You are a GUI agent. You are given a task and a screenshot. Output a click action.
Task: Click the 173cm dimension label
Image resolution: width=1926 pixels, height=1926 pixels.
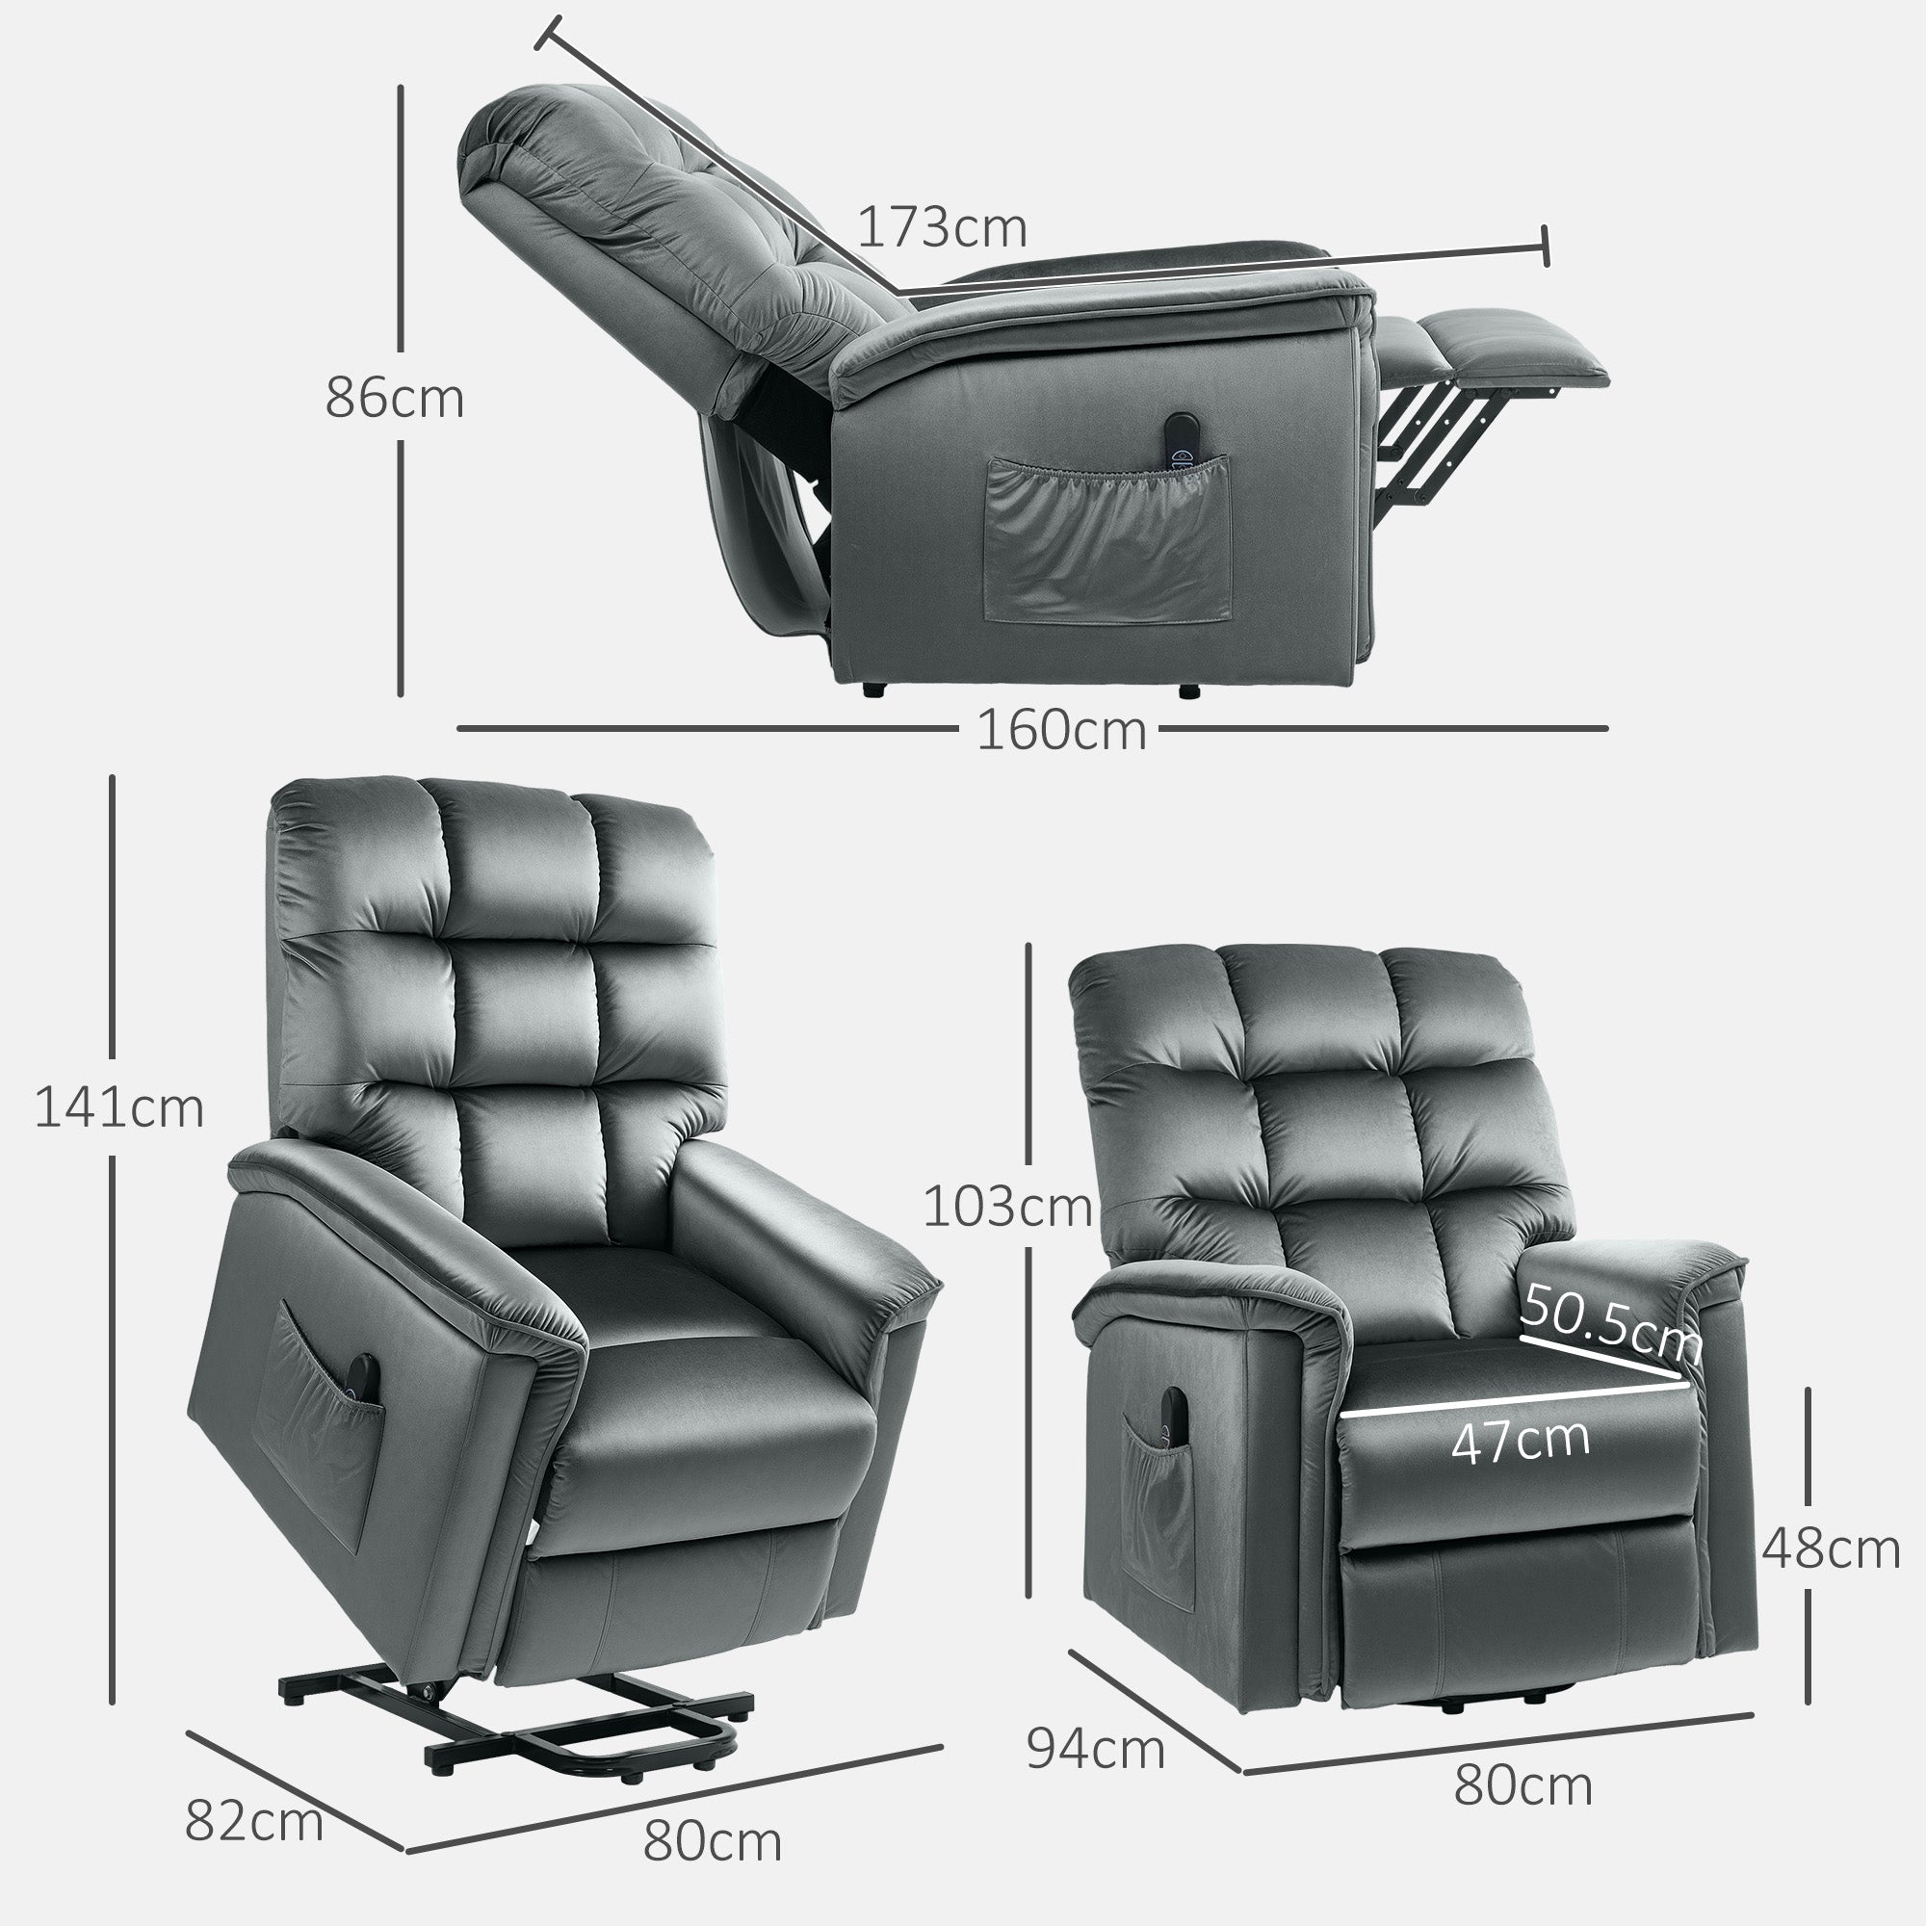pyautogui.click(x=942, y=228)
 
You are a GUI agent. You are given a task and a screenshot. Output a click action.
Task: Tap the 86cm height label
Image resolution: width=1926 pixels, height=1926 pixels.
pyautogui.click(x=395, y=399)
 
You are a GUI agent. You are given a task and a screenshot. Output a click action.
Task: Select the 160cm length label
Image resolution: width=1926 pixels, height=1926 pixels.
pyautogui.click(x=1060, y=731)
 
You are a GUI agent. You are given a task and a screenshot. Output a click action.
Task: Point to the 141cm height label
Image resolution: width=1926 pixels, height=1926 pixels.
pyautogui.click(x=118, y=1107)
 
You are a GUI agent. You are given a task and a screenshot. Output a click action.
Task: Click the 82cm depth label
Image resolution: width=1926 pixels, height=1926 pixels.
pyautogui.click(x=254, y=1822)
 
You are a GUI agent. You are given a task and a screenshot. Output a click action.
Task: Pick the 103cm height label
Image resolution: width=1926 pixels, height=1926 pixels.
pyautogui.click(x=1007, y=1208)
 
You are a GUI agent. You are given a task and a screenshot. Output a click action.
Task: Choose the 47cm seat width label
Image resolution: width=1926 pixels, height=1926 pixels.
pyautogui.click(x=1521, y=1441)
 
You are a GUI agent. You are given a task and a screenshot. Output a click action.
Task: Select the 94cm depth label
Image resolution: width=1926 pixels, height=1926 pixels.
pyautogui.click(x=1096, y=1777)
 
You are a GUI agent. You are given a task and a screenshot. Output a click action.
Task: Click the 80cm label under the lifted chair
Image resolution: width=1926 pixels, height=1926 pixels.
pyautogui.click(x=712, y=1840)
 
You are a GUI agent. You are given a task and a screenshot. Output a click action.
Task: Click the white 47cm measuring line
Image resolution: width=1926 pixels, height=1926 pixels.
pyautogui.click(x=1515, y=1398)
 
